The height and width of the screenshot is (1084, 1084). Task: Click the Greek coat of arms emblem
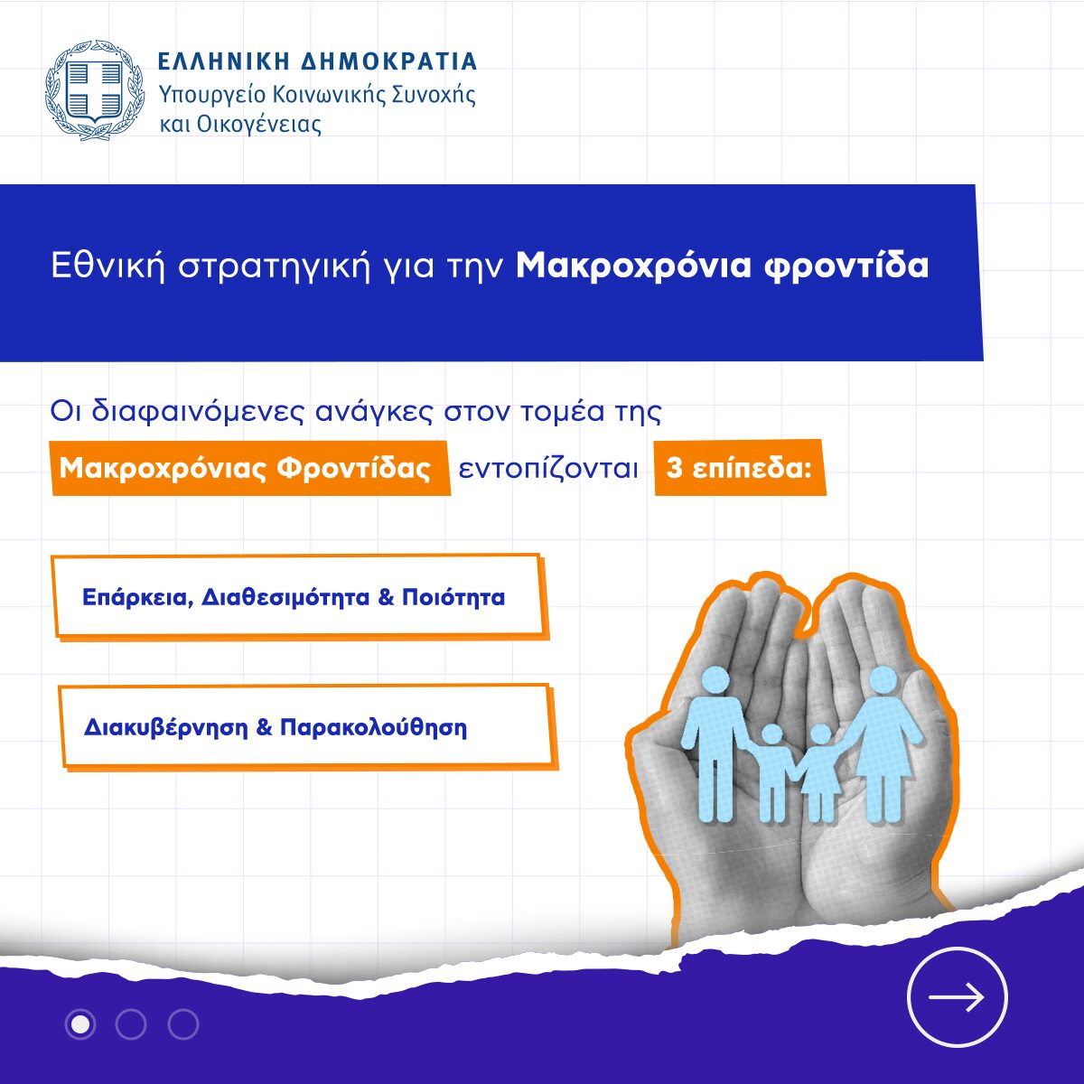[x=91, y=89]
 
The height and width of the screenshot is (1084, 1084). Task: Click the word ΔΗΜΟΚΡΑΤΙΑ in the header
[x=388, y=61]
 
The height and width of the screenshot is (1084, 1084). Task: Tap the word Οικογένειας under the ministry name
[x=258, y=125]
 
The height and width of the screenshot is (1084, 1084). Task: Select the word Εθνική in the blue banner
[x=108, y=266]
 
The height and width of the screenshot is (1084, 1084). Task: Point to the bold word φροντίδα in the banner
[x=846, y=266]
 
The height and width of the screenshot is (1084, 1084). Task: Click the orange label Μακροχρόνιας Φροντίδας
[x=249, y=468]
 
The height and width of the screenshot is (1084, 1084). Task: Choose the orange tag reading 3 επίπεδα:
[x=740, y=467]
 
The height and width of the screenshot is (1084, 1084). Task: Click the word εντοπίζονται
[x=548, y=469]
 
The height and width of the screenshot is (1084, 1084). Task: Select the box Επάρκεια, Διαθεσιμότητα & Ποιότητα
[x=299, y=597]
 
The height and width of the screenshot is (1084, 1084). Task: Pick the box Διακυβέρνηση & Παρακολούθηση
[x=307, y=726]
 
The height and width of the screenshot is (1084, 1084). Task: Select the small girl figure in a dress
[x=822, y=773]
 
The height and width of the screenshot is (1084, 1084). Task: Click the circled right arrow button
[x=957, y=997]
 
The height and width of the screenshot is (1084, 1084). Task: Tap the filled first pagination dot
[x=80, y=1024]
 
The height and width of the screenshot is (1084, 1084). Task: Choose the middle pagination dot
[x=131, y=1024]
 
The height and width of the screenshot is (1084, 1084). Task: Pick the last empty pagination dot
[x=183, y=1024]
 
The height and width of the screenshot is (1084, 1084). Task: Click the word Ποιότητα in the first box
[x=453, y=597]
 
